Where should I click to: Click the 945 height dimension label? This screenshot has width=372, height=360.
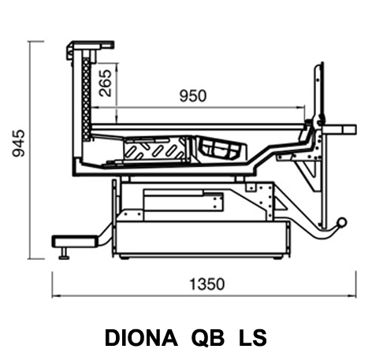tap(19, 143)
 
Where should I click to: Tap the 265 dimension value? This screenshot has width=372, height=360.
tap(106, 83)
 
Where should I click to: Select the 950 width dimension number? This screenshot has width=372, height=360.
tap(193, 96)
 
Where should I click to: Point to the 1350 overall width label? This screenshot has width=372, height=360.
tap(207, 284)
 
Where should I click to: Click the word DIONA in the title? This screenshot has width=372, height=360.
tap(141, 338)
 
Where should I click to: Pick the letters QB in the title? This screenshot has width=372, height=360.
tap(208, 338)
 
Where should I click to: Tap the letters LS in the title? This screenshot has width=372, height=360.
tap(253, 338)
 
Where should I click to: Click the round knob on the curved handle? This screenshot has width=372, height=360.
tap(342, 222)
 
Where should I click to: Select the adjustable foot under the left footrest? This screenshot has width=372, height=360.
tap(64, 253)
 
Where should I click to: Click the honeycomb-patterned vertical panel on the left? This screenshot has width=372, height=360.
tap(86, 98)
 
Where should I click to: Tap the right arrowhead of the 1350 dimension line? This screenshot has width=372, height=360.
tap(353, 295)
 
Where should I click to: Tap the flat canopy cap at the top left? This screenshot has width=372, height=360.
tap(91, 46)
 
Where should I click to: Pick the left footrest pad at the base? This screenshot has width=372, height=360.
tap(75, 241)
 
